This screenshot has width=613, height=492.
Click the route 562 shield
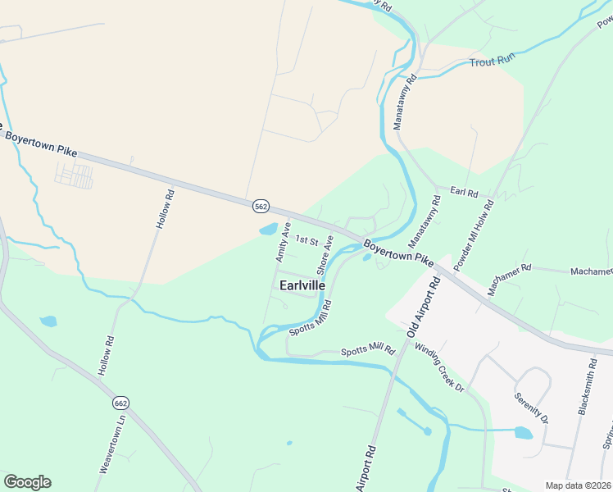coord(261,207)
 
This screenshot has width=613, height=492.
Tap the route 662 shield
coord(121,403)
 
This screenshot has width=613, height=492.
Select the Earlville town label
coord(302,285)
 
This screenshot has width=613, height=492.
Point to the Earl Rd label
coord(464,191)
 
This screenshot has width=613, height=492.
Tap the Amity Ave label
coord(284,241)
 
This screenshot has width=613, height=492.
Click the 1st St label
coord(306,240)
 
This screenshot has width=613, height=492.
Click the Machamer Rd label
coord(508,268)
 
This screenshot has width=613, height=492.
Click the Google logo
coord(27,482)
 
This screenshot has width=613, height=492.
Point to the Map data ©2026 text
coord(578,485)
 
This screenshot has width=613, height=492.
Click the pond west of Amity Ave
coord(267,230)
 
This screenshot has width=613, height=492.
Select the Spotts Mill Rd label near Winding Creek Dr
coord(368,350)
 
